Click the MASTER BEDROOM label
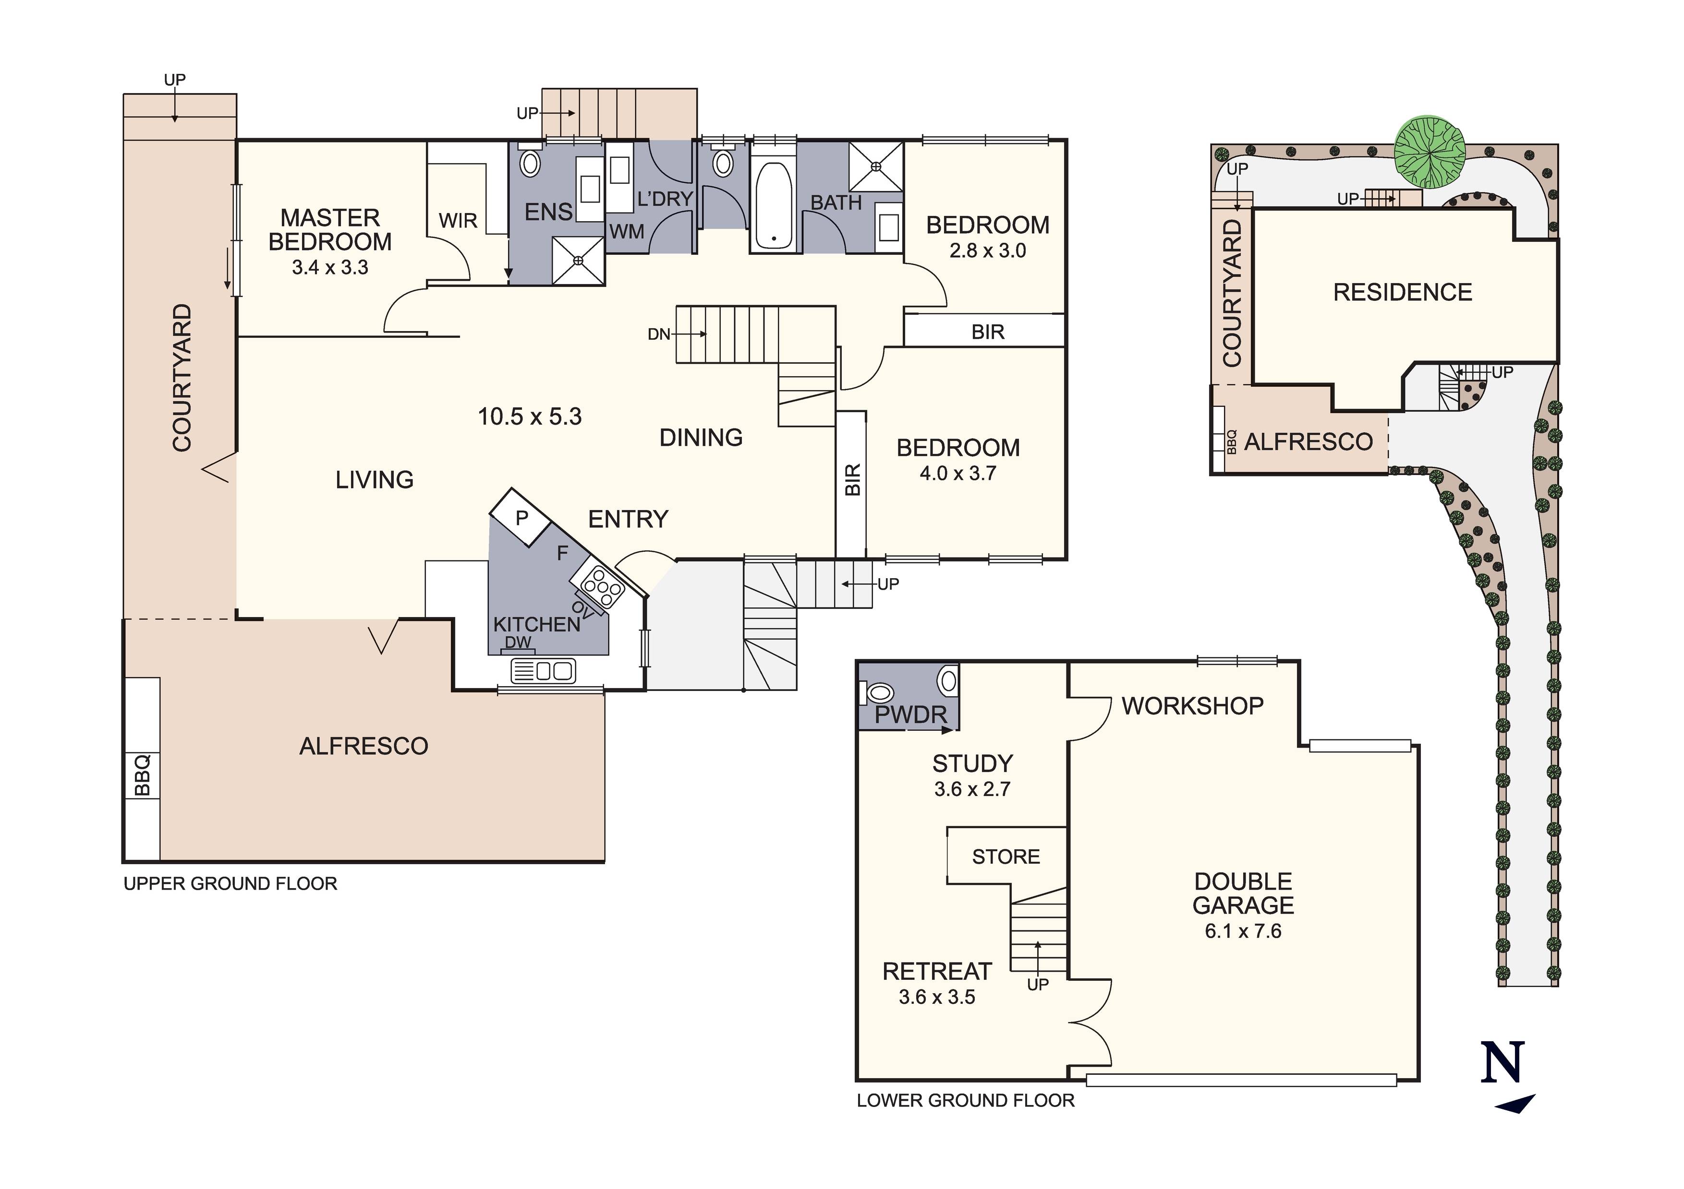coord(330,229)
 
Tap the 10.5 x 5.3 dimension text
coord(530,416)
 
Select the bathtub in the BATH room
coord(773,205)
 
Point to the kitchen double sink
coord(543,671)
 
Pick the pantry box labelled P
coord(521,518)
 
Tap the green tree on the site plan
coord(1430,152)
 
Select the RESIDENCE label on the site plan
coord(1402,293)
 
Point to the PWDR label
coord(911,715)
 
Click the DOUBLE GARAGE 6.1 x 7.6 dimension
coord(1243,931)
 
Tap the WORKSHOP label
coord(1193,706)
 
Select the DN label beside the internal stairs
coord(659,334)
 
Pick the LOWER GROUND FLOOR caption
coord(965,1100)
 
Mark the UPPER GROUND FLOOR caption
coord(230,883)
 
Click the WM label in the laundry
coord(627,232)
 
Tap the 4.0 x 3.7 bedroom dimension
coord(958,474)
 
